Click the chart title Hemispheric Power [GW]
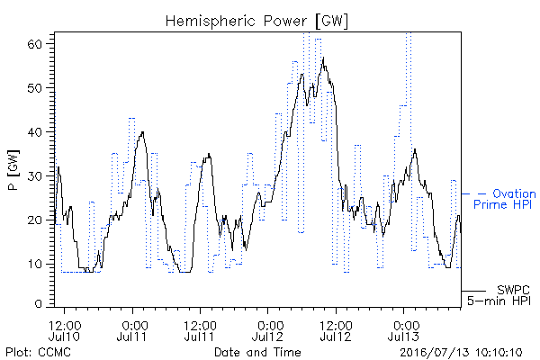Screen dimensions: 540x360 pos(256,22)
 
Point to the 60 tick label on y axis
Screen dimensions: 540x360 pos(34,44)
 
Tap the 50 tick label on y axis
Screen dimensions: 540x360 pos(34,88)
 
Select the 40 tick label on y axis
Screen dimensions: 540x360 pos(34,132)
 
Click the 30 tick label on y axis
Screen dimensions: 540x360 pos(34,176)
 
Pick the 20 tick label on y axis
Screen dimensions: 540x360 pos(34,220)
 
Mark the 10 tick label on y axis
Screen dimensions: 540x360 pos(34,264)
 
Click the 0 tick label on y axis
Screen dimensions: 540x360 pos(38,304)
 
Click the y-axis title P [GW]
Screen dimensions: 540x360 pos(13,170)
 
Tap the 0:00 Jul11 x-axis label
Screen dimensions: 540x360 pos(132,331)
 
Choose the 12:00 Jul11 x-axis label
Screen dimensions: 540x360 pos(200,331)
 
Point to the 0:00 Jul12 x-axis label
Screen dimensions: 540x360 pos(267,331)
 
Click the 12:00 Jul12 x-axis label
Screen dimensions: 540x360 pos(336,331)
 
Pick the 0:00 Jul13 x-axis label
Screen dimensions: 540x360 pos(403,331)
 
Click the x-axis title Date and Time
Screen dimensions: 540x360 pos(257,352)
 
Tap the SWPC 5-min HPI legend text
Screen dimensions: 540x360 pos(499,295)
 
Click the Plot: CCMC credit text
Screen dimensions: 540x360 pos(38,352)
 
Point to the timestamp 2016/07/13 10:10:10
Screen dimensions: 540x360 pos(461,353)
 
